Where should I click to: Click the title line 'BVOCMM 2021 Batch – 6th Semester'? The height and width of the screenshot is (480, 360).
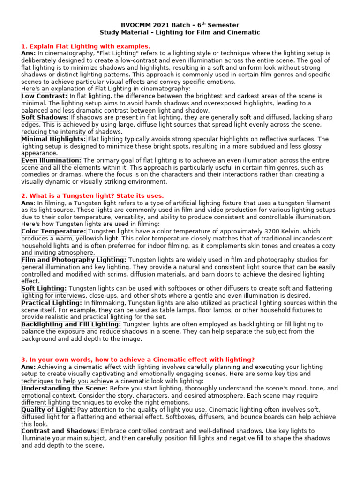180,25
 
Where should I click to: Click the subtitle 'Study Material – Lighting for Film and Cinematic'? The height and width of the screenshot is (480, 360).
180,32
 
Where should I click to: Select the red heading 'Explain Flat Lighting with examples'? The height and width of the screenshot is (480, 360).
86,46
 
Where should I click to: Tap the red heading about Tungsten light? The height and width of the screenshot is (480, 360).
92,195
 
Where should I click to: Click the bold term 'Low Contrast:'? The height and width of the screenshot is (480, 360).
45,96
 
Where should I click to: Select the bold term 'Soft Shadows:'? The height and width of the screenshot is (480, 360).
45,117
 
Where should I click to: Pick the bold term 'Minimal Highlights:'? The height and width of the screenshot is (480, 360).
53,139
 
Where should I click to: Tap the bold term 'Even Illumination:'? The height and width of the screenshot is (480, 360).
51,160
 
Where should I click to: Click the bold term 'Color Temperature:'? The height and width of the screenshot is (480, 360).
53,231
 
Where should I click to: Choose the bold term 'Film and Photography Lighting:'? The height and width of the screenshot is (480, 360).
74,260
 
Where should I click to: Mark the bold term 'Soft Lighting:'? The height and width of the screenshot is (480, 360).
44,288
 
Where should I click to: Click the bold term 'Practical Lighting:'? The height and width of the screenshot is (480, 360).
52,303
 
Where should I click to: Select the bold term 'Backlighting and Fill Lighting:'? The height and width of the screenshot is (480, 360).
71,324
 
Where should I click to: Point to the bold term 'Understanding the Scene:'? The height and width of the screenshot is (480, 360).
65,389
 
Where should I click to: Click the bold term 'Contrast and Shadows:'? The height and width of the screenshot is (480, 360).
60,431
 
